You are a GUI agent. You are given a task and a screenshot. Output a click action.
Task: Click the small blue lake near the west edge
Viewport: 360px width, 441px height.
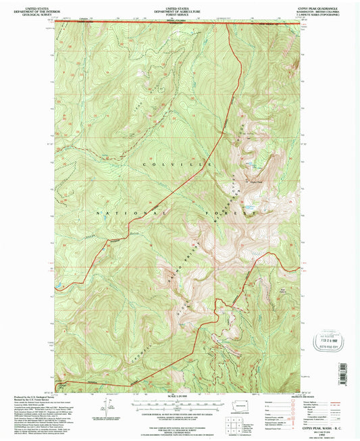(60, 286)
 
